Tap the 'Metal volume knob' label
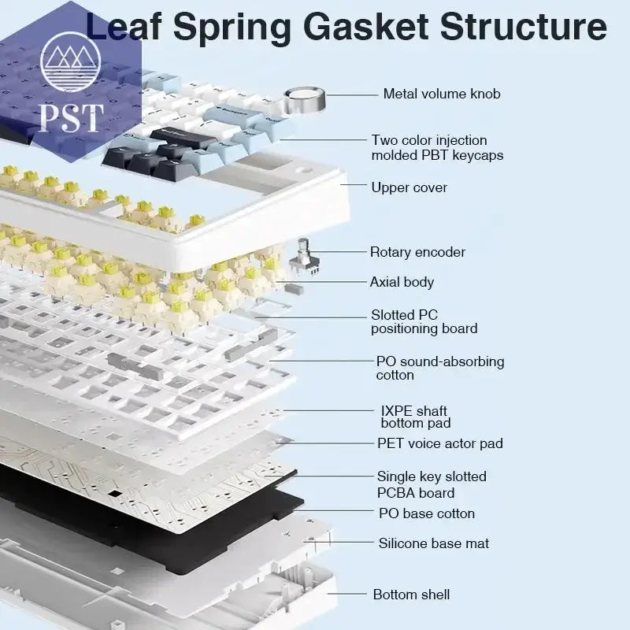441,94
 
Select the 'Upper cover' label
409,187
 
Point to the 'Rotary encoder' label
417,253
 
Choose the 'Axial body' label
402,282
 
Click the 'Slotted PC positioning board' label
424,321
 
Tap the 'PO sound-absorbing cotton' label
439,369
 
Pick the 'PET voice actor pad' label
439,444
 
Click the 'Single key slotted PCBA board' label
431,485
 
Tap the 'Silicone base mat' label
433,543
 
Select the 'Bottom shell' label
411,595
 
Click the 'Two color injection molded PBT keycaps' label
437,148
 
